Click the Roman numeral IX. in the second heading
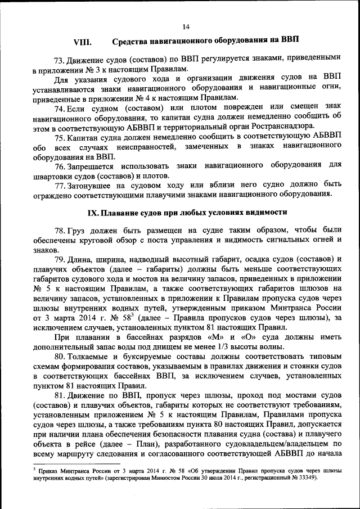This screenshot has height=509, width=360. [x=94, y=213]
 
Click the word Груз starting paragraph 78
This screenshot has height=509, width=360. [x=78, y=230]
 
